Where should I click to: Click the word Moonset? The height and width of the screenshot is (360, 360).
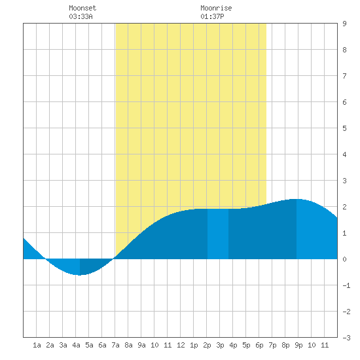[82, 8]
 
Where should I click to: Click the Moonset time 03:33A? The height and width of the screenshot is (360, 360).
[81, 16]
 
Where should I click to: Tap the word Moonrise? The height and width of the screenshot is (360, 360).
[216, 8]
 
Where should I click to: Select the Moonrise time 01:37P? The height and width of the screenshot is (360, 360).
[212, 16]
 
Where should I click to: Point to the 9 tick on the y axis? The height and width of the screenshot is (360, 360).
[344, 24]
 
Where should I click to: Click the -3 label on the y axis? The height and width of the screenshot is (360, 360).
[346, 338]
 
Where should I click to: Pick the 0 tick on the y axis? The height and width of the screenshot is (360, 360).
[344, 259]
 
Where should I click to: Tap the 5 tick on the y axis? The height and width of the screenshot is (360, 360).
[344, 128]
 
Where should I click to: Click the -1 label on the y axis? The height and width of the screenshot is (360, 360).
[346, 285]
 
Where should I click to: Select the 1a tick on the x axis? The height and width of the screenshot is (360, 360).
[37, 345]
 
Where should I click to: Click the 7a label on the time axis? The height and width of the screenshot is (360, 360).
[115, 345]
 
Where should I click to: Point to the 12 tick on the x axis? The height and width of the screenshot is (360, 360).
[181, 345]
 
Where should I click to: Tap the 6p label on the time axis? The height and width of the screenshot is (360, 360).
[259, 345]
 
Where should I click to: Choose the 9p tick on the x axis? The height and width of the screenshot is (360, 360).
[298, 345]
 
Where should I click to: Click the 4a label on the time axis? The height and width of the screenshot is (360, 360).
[76, 345]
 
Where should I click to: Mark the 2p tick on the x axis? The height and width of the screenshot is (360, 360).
[207, 345]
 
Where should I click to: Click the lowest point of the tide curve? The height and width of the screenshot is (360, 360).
[79, 275]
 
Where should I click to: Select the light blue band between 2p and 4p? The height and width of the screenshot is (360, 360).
[218, 234]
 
